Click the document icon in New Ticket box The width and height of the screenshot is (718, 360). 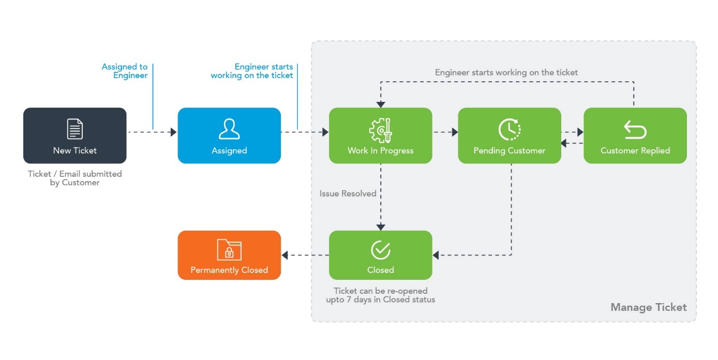coord(75,129)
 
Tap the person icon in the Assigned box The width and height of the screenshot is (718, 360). coord(229,129)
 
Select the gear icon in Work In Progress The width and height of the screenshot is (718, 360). coord(380,130)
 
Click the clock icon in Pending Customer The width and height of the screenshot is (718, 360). coord(510,129)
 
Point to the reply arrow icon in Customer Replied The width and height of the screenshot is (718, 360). coord(635,130)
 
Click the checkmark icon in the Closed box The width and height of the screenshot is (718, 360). coord(380,250)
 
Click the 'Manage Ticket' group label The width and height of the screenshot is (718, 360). coord(648,307)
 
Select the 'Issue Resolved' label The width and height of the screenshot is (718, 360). coord(348,193)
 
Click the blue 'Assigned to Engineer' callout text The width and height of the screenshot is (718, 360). coord(125,71)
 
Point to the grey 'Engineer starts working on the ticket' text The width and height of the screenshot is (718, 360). coord(506,72)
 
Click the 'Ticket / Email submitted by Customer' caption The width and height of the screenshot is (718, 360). coord(75,178)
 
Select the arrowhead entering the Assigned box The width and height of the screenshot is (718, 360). coord(174,132)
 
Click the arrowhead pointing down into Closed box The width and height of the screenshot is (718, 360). coord(381,227)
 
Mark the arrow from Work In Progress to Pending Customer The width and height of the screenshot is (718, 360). coord(445,132)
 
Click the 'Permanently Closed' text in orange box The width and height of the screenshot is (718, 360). coord(229,270)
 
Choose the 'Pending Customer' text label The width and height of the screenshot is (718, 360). coord(510,151)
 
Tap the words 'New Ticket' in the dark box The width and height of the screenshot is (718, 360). coord(75,151)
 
